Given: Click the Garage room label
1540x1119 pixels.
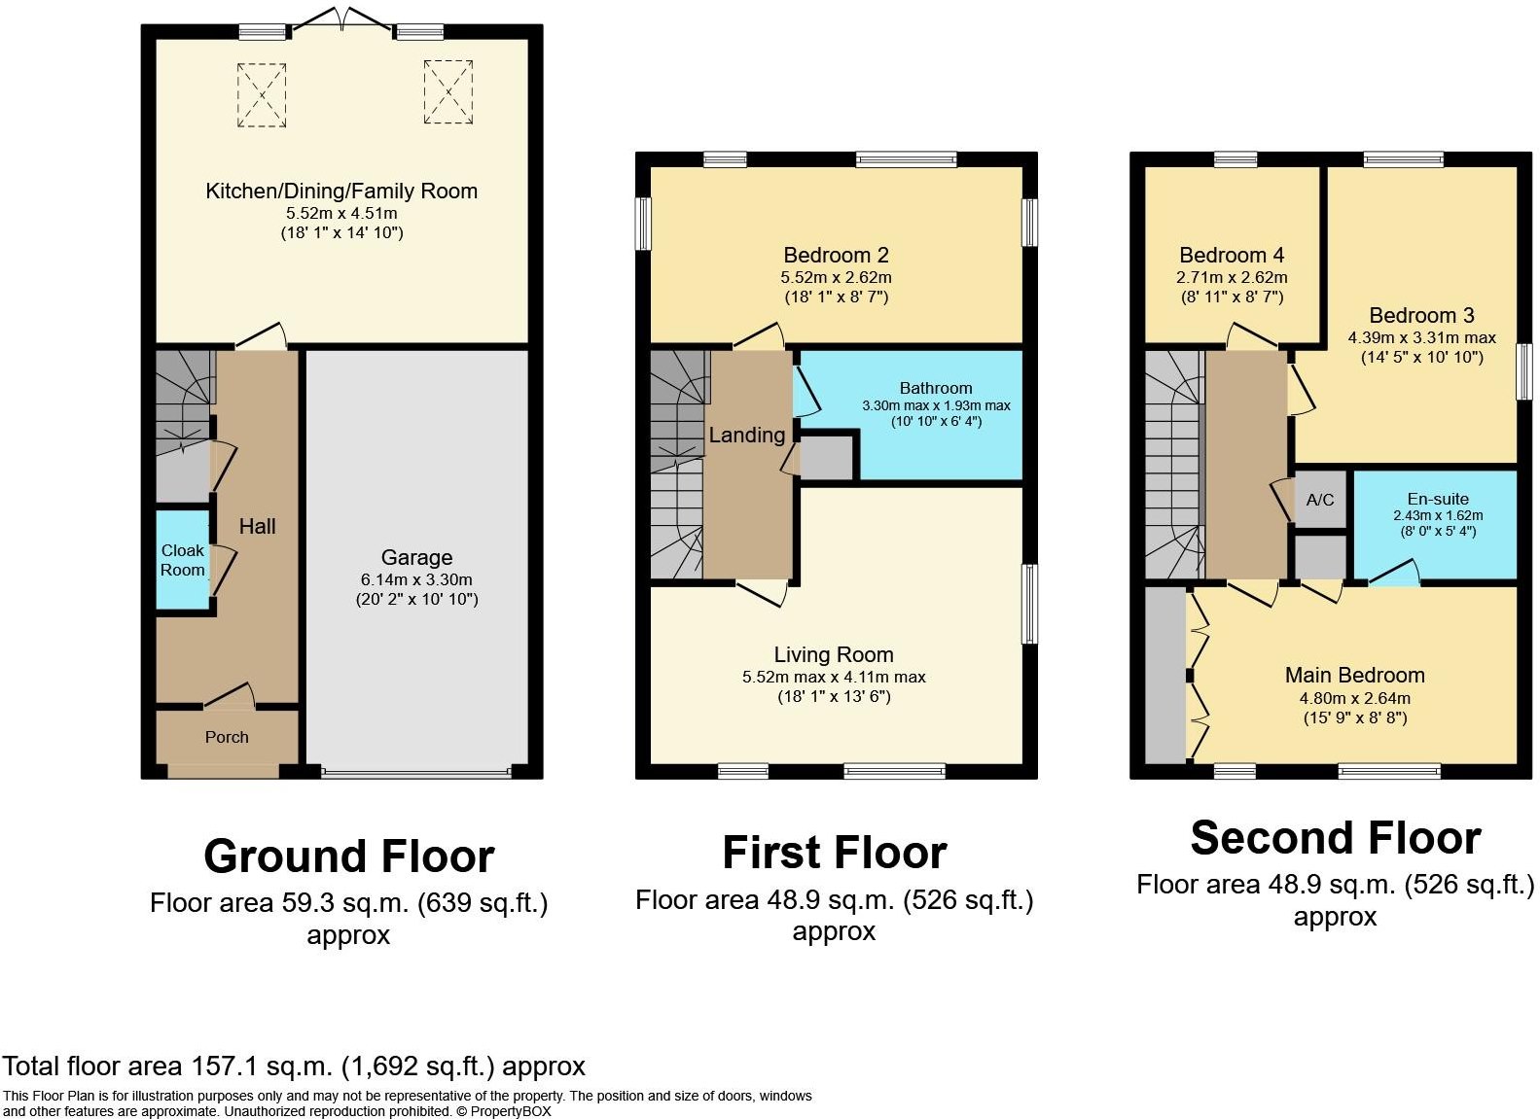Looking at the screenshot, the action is pyautogui.click(x=416, y=557).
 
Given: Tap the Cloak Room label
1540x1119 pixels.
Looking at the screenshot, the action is pyautogui.click(x=183, y=560).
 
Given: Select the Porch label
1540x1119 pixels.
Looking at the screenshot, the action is pyautogui.click(x=227, y=737).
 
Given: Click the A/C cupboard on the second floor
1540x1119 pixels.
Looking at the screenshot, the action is pyautogui.click(x=1320, y=500).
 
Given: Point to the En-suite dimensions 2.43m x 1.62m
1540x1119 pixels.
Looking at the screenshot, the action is pyautogui.click(x=1438, y=515).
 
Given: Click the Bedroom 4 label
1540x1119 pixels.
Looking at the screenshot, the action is pyautogui.click(x=1232, y=256).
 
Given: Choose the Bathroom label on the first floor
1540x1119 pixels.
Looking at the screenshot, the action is pyautogui.click(x=936, y=388).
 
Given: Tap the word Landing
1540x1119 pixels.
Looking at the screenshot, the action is pyautogui.click(x=747, y=435).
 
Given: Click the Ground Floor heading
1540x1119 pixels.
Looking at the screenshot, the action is pyautogui.click(x=349, y=857).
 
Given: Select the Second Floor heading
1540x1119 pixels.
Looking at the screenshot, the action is pyautogui.click(x=1336, y=838).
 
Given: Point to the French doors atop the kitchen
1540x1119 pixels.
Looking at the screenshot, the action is pyautogui.click(x=342, y=18).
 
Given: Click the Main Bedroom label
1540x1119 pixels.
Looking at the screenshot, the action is pyautogui.click(x=1355, y=676).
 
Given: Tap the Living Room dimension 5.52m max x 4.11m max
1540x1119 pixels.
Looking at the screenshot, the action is pyautogui.click(x=834, y=677).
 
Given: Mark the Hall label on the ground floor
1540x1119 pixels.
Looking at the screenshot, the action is pyautogui.click(x=257, y=526).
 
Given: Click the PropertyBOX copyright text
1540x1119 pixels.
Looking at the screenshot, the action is pyautogui.click(x=511, y=1111).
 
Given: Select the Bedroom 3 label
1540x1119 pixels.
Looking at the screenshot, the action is pyautogui.click(x=1421, y=315).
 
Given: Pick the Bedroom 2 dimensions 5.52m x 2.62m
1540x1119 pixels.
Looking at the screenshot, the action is pyautogui.click(x=836, y=277).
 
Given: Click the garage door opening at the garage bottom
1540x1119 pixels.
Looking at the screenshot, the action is pyautogui.click(x=416, y=772).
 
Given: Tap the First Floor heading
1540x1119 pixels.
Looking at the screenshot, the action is pyautogui.click(x=835, y=853).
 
